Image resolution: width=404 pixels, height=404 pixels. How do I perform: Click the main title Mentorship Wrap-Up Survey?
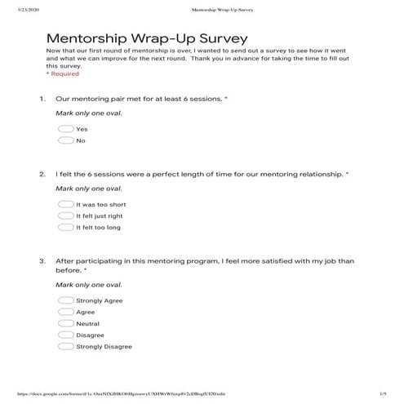147,38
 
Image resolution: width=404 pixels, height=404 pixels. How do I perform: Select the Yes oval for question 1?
66,129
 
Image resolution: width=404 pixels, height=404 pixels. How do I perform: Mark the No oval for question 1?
66,140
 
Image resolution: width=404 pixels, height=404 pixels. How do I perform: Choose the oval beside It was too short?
66,205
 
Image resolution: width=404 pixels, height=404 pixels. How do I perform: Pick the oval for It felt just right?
66,216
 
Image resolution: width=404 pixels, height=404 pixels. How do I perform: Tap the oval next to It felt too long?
66,228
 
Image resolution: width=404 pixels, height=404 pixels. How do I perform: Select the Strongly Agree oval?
66,300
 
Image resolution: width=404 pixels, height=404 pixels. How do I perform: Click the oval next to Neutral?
66,323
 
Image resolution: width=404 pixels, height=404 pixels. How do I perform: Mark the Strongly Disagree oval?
66,346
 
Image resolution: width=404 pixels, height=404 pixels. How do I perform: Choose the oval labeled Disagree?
66,335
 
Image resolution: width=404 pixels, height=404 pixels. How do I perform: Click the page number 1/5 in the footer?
383,394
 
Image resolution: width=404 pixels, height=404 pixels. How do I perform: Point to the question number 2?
42,175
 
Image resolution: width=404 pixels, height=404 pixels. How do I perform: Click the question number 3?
42,261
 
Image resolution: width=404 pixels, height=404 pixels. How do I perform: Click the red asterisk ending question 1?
226,99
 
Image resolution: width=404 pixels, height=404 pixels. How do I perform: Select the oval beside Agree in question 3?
66,312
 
